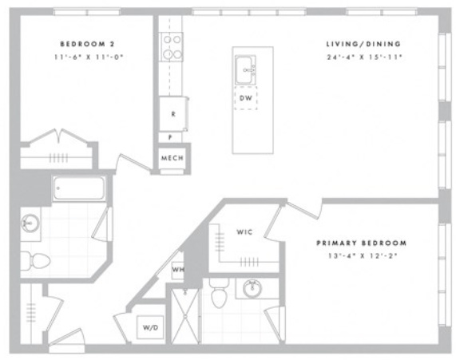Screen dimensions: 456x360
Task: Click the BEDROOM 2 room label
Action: (x=87, y=44)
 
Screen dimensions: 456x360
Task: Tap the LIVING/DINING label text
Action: (x=363, y=44)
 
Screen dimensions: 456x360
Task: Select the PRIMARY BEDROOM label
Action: (x=362, y=243)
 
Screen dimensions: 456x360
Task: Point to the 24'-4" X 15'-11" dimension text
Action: (x=364, y=57)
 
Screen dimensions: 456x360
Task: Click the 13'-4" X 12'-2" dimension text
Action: (x=363, y=256)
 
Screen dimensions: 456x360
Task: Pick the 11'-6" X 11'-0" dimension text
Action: (x=89, y=57)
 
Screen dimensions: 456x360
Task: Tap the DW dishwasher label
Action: (x=246, y=98)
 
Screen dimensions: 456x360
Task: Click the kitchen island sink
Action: (x=245, y=69)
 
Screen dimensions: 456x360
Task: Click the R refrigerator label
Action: (x=173, y=114)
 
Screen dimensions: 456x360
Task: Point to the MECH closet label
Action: (x=172, y=158)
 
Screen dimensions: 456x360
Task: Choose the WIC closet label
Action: (x=244, y=232)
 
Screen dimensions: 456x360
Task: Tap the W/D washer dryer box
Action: (x=151, y=327)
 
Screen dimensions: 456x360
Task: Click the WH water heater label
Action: (x=178, y=270)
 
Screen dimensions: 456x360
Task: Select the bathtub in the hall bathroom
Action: (x=79, y=188)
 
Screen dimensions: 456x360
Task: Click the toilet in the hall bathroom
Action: (x=35, y=261)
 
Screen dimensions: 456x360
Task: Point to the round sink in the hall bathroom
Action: (x=30, y=223)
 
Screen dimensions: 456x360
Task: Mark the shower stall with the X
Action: (x=185, y=316)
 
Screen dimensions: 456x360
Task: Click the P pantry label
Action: (x=170, y=137)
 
